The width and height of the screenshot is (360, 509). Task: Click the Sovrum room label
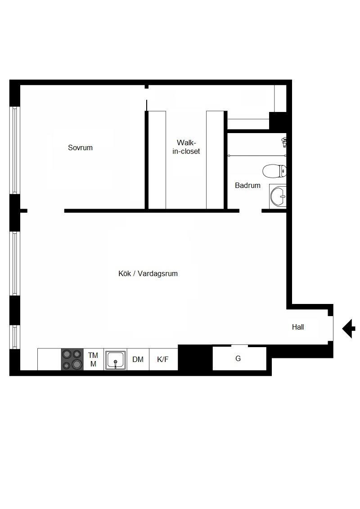pyautogui.click(x=80, y=147)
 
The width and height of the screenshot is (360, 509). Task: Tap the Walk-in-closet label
pyautogui.click(x=186, y=147)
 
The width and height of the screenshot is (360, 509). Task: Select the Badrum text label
pyautogui.click(x=247, y=185)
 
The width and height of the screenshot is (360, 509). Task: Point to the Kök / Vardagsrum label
pyautogui.click(x=148, y=273)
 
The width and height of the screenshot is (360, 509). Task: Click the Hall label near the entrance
pyautogui.click(x=297, y=327)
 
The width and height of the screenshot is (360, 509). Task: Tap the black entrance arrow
pyautogui.click(x=348, y=329)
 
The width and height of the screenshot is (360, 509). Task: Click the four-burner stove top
pyautogui.click(x=72, y=359)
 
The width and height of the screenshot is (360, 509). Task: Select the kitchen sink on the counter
pyautogui.click(x=115, y=360)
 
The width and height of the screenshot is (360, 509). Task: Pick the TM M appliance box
pyautogui.click(x=93, y=359)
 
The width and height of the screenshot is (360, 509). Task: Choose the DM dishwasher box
pyautogui.click(x=138, y=359)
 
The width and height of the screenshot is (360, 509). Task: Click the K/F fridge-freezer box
pyautogui.click(x=163, y=359)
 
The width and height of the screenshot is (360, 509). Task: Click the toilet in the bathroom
pyautogui.click(x=274, y=171)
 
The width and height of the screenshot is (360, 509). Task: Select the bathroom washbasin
pyautogui.click(x=278, y=196)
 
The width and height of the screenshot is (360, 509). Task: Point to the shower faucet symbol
pyautogui.click(x=284, y=142)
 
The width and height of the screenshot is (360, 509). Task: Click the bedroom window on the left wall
pyautogui.click(x=14, y=150)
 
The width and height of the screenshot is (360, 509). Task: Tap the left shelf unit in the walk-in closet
pyautogui.click(x=157, y=160)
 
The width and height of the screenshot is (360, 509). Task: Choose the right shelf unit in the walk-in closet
pyautogui.click(x=215, y=160)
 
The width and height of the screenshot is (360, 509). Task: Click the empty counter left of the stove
pyautogui.click(x=49, y=359)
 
